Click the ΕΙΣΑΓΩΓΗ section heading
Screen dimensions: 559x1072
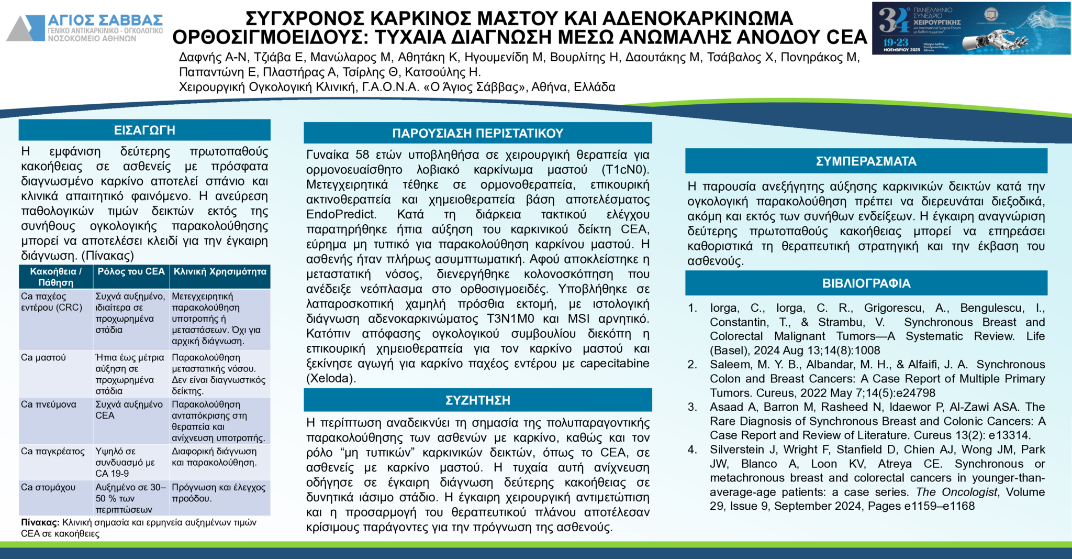144,130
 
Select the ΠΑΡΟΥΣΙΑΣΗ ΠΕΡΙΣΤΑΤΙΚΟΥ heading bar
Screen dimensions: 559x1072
477,133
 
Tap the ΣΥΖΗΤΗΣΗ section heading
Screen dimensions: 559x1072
477,400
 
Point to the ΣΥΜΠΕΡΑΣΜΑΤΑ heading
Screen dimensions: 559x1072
866,161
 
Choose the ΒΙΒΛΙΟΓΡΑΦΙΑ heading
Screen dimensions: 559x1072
866,283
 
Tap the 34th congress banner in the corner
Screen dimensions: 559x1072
971,28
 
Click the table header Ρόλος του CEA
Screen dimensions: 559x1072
131,271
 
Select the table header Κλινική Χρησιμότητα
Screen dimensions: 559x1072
220,271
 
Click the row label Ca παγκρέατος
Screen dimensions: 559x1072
52,451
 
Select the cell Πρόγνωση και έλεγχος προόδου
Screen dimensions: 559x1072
218,492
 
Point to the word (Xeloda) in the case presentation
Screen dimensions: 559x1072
331,378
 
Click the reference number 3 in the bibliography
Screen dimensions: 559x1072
693,407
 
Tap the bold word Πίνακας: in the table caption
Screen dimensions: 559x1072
40,522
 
